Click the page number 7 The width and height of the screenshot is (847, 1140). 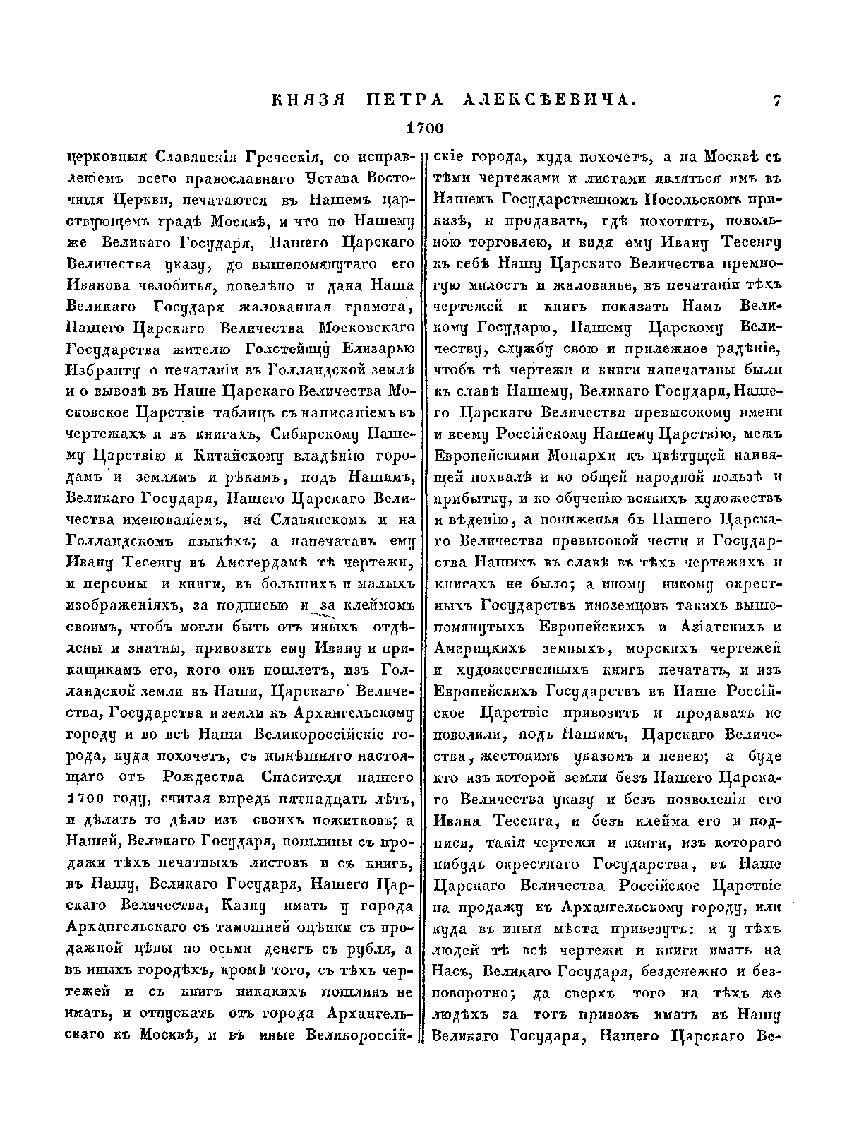[776, 102]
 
